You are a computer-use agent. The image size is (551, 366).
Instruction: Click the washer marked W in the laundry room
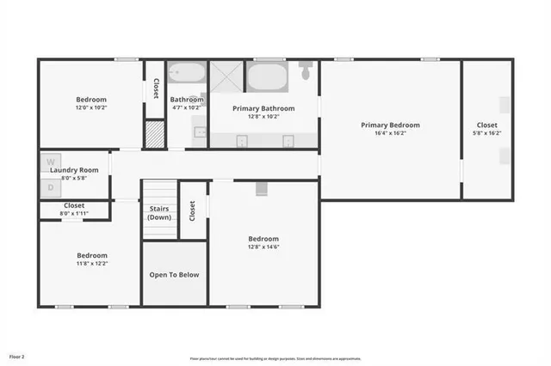pos(50,162)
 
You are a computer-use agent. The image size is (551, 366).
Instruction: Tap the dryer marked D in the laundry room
pos(50,186)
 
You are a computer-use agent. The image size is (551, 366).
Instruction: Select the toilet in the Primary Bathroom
pos(306,71)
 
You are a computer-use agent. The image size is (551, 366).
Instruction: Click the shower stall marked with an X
pos(227,76)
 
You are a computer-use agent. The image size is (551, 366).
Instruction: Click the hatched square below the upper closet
pos(154,135)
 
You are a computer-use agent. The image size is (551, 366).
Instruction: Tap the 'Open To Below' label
pos(175,275)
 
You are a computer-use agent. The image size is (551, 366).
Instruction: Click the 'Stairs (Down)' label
pos(159,212)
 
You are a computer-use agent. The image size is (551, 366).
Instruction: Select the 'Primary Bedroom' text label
pos(390,125)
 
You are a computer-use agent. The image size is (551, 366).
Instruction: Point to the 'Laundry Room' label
pos(74,170)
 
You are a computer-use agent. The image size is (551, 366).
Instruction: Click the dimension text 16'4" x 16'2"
pos(390,134)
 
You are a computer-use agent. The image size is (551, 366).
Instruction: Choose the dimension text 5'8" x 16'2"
pos(487,134)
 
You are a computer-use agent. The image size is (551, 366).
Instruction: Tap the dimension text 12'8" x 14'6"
pos(263,247)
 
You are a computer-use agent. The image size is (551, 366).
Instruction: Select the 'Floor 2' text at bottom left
pos(17,356)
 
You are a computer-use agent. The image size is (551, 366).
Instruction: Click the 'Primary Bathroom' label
pos(263,109)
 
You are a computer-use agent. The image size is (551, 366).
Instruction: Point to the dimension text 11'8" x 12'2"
pos(91,264)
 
